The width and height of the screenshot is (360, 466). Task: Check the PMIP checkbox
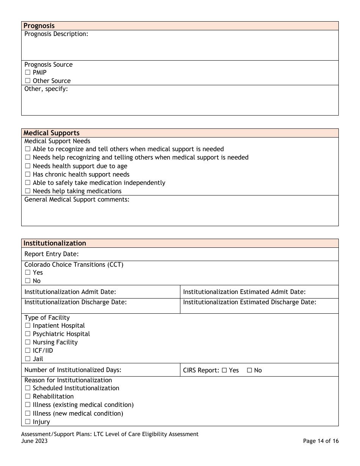coord(28,73)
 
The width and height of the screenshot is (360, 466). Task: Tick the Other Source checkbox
coord(28,81)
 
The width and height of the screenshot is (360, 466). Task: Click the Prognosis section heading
coord(39,26)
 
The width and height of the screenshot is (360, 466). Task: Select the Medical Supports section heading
coord(52,133)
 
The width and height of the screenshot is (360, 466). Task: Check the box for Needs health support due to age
coord(28,166)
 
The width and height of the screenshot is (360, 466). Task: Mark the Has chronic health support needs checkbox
coord(28,175)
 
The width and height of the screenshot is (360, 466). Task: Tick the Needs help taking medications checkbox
coord(28,191)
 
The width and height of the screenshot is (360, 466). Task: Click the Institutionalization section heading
coord(55,243)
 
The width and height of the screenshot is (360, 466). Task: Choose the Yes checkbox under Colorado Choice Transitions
coord(28,273)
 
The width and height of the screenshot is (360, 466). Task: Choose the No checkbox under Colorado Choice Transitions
coord(28,281)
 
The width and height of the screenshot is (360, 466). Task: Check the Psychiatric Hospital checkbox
coord(28,334)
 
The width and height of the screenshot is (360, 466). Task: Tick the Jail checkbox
coord(28,359)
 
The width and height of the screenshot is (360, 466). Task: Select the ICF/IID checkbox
coord(28,351)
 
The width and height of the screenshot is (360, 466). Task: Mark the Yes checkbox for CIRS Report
coord(224,371)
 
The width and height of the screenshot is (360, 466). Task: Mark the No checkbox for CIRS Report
coord(249,371)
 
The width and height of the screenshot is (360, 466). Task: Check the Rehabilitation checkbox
coord(28,397)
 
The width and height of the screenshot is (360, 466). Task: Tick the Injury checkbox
coord(28,422)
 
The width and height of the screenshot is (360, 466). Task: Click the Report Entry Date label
coord(51,254)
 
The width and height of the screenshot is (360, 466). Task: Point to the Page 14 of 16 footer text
coord(321,441)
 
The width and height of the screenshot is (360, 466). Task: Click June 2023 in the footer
coord(34,441)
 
